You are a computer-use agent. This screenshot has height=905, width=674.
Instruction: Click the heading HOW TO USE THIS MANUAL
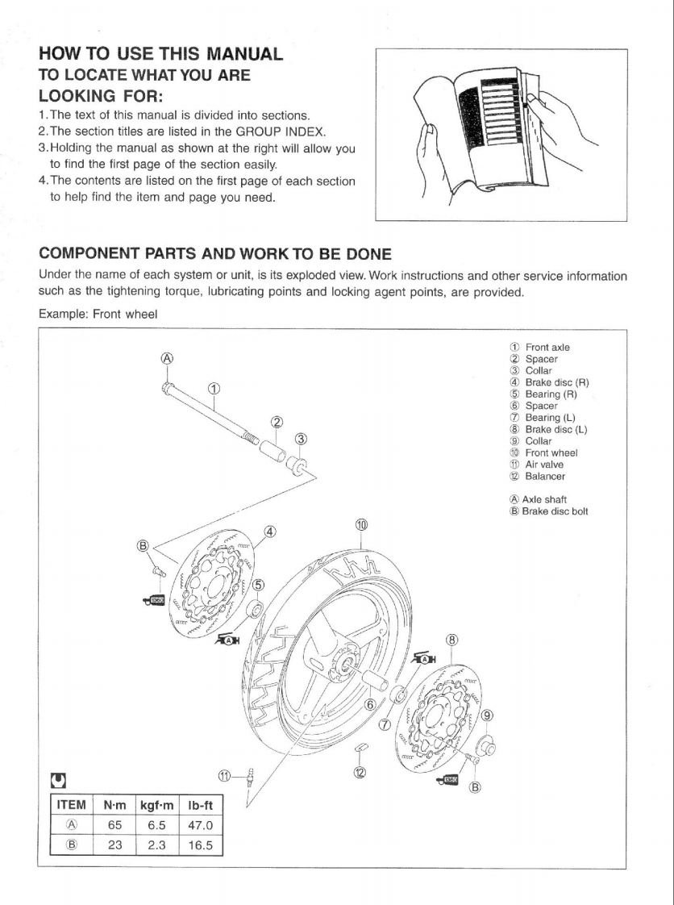pos(160,55)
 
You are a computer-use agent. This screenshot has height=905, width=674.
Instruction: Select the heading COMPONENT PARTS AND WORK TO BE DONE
pos(215,254)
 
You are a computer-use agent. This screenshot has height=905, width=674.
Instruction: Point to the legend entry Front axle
pos(547,348)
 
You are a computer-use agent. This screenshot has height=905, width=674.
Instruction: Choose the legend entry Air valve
pos(544,465)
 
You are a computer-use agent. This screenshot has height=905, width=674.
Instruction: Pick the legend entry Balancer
pos(545,476)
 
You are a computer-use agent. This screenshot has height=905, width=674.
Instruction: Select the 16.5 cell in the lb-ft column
pos(200,846)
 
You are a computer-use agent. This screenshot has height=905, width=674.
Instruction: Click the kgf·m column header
pos(157,804)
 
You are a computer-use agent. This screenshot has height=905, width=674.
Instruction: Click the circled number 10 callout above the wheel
pos(362,525)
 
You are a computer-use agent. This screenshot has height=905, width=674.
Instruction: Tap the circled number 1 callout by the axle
pos(214,389)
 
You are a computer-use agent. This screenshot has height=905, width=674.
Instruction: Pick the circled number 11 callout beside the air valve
pos(226,776)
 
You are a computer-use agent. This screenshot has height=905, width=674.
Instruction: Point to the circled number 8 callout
pos(452,640)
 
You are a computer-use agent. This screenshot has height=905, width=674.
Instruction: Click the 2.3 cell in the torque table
pos(157,846)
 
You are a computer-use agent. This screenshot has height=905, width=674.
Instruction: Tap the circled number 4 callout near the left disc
pos(270,532)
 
